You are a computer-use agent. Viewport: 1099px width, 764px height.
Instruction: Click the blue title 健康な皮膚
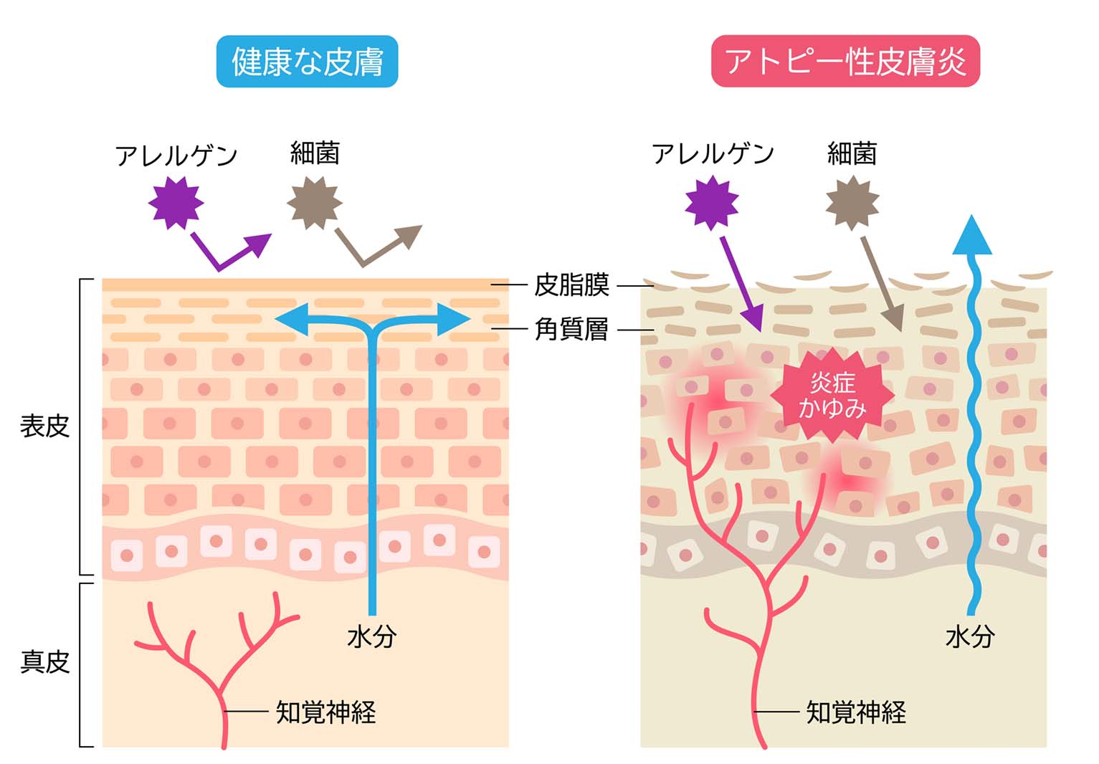click(x=307, y=62)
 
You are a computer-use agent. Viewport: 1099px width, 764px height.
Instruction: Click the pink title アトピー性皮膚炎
click(x=845, y=62)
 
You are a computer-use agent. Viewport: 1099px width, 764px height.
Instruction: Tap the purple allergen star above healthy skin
click(x=176, y=203)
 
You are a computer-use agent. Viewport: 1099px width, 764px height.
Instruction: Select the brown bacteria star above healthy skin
click(x=314, y=203)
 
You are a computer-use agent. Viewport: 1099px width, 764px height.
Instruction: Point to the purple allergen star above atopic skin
click(x=711, y=203)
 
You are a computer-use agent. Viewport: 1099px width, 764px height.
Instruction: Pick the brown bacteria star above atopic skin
click(x=852, y=203)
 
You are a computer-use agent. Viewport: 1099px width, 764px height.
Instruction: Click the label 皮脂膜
click(x=571, y=285)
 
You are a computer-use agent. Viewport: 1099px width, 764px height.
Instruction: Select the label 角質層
click(x=571, y=330)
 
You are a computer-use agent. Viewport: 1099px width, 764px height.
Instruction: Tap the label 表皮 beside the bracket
click(x=44, y=426)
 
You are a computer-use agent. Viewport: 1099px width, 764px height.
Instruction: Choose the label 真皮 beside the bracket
click(x=44, y=662)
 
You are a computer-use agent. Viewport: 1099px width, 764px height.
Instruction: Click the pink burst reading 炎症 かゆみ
click(x=832, y=396)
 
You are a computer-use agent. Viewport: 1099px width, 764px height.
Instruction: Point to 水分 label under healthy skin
click(x=371, y=636)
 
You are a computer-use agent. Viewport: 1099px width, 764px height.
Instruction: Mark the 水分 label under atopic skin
click(x=970, y=636)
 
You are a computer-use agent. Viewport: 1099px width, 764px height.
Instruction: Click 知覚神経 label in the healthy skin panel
click(x=326, y=712)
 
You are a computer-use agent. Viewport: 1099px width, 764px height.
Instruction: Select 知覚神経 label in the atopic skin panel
click(x=856, y=712)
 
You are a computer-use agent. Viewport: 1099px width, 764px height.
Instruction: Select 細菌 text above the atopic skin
click(x=852, y=153)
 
